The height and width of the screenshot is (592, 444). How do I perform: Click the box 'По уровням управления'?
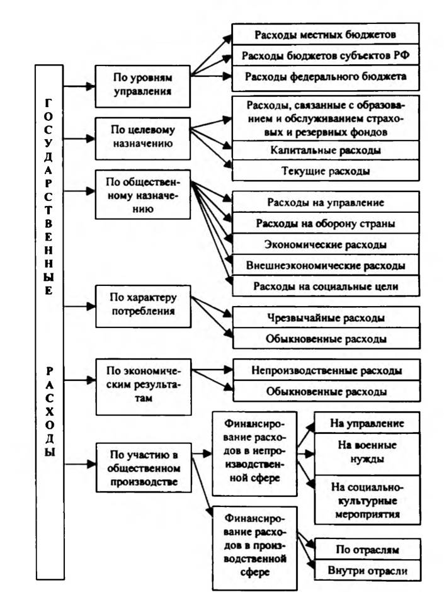[142, 86]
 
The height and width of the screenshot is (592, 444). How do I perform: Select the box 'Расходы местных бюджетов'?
[326, 35]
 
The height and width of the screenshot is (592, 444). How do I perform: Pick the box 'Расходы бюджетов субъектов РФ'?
[326, 55]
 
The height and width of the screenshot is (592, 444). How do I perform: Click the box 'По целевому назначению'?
[143, 139]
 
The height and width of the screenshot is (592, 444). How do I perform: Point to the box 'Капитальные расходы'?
[326, 151]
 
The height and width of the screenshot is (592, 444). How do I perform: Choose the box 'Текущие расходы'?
[326, 171]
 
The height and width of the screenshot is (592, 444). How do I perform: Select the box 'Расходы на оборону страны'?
[326, 223]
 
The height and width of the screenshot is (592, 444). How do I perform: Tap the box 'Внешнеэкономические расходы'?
[326, 265]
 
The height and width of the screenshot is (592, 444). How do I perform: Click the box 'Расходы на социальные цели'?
[326, 286]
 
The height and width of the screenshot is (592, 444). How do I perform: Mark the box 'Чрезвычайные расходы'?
[326, 317]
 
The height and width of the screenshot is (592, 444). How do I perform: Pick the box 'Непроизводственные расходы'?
[327, 370]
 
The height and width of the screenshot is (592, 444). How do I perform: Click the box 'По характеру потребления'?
[143, 306]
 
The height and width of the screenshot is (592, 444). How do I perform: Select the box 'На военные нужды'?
[367, 454]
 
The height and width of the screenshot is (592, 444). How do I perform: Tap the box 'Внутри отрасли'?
[367, 570]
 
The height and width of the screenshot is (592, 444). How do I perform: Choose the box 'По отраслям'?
[367, 549]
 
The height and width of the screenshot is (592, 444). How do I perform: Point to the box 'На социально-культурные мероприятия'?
[367, 500]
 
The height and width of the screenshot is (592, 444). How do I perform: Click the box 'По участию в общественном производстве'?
[144, 468]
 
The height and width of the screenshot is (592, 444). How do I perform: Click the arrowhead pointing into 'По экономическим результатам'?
[91, 380]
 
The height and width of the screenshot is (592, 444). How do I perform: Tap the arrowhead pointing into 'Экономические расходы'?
[229, 239]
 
